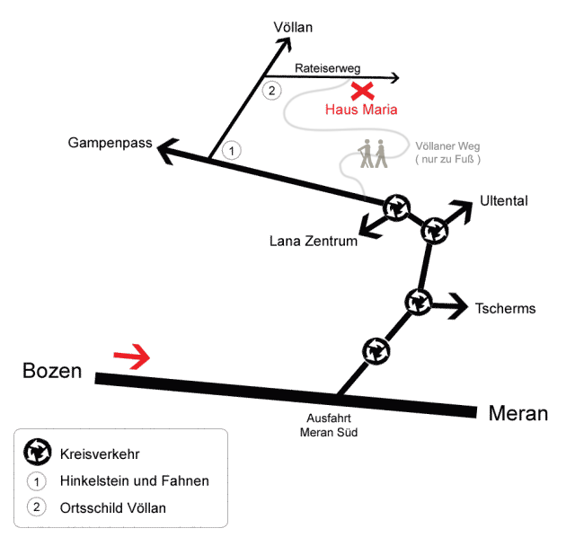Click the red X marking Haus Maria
click(x=362, y=91)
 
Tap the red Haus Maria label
click(x=360, y=110)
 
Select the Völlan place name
click(x=293, y=28)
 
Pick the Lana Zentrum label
click(x=314, y=241)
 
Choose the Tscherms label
click(x=505, y=309)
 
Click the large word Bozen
click(x=52, y=371)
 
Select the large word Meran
click(x=518, y=414)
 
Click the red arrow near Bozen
click(x=132, y=358)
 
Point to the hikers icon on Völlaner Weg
click(x=373, y=154)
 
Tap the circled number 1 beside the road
click(x=232, y=150)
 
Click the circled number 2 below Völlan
click(x=271, y=90)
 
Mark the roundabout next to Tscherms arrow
click(x=419, y=302)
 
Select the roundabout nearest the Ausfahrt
click(x=376, y=349)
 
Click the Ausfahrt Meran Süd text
click(x=328, y=425)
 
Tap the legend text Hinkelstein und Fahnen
click(x=134, y=480)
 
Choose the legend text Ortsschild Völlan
click(x=112, y=508)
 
